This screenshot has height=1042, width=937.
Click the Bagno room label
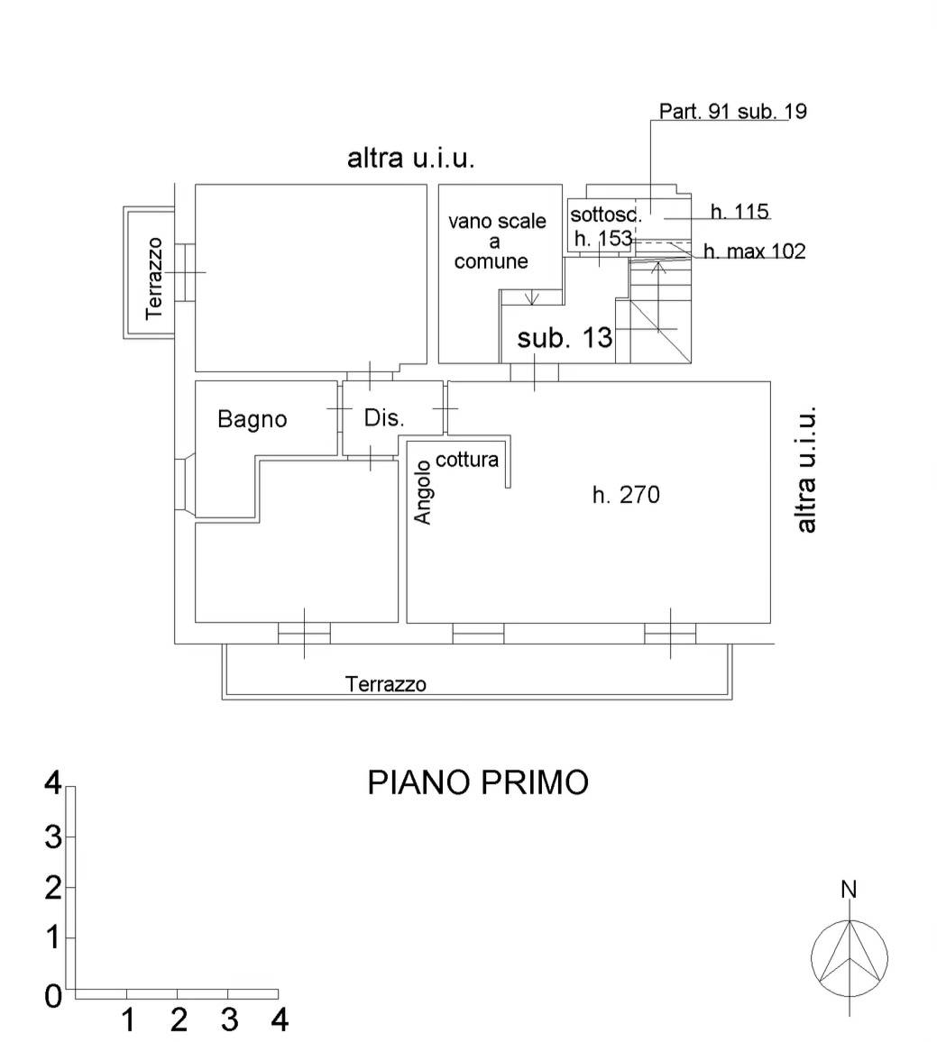[253, 419]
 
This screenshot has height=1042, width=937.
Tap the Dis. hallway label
[384, 418]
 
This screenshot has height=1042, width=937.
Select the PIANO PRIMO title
[477, 781]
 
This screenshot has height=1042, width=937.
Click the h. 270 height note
[626, 494]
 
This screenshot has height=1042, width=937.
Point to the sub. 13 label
[565, 338]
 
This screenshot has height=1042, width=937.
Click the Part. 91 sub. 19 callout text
[732, 112]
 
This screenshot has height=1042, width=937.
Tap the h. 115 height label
[739, 212]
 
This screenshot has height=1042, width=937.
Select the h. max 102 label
[754, 251]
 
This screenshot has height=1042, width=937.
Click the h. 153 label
[602, 239]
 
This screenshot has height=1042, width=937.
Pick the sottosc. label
[605, 215]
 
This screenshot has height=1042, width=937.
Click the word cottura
[467, 460]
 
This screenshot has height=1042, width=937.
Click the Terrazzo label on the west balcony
[154, 278]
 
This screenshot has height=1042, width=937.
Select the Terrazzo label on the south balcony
[386, 684]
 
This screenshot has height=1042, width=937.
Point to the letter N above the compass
[849, 890]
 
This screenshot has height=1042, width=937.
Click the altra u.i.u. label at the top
[410, 159]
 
